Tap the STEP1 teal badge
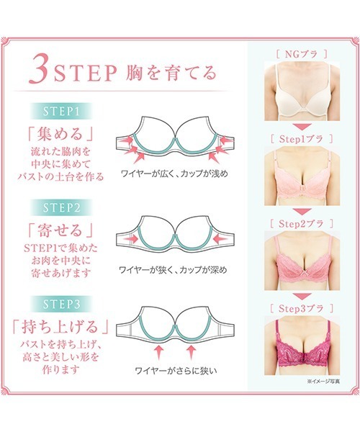point(61,111)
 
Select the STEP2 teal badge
point(61,207)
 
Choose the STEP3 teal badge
point(61,304)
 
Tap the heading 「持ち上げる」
point(61,327)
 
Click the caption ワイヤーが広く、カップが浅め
point(175,174)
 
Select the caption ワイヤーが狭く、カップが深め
point(174,269)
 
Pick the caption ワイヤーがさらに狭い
point(176,370)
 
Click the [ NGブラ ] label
point(302,54)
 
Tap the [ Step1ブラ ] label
point(302,139)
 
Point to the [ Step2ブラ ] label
point(302,224)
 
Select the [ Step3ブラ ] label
point(302,309)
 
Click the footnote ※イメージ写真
point(323,382)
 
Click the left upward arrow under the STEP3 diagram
point(158,352)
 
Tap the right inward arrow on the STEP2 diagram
point(221,238)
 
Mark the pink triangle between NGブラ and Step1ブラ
point(302,127)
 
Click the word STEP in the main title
point(85,73)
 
